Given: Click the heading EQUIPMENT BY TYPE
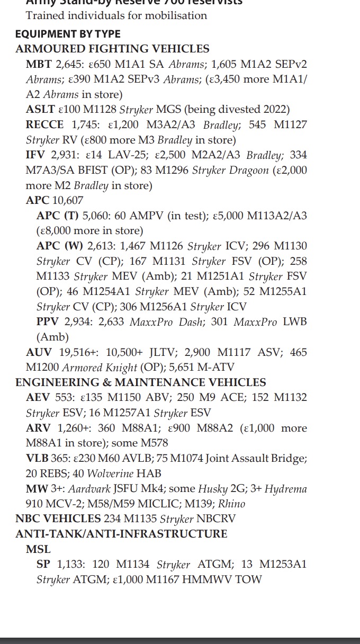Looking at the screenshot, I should pyautogui.click(x=68, y=34).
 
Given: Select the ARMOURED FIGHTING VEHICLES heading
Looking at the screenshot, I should pyautogui.click(x=112, y=49).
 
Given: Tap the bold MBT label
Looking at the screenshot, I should pyautogui.click(x=38, y=64).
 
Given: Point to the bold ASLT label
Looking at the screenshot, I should pyautogui.click(x=40, y=110).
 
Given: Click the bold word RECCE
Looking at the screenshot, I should pyautogui.click(x=44, y=125).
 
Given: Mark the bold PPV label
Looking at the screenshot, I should pyautogui.click(x=48, y=322).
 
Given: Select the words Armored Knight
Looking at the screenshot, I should pyautogui.click(x=100, y=368).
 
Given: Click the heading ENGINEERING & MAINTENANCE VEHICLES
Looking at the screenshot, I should pyautogui.click(x=141, y=382).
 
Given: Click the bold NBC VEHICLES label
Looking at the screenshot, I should pyautogui.click(x=58, y=519).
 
